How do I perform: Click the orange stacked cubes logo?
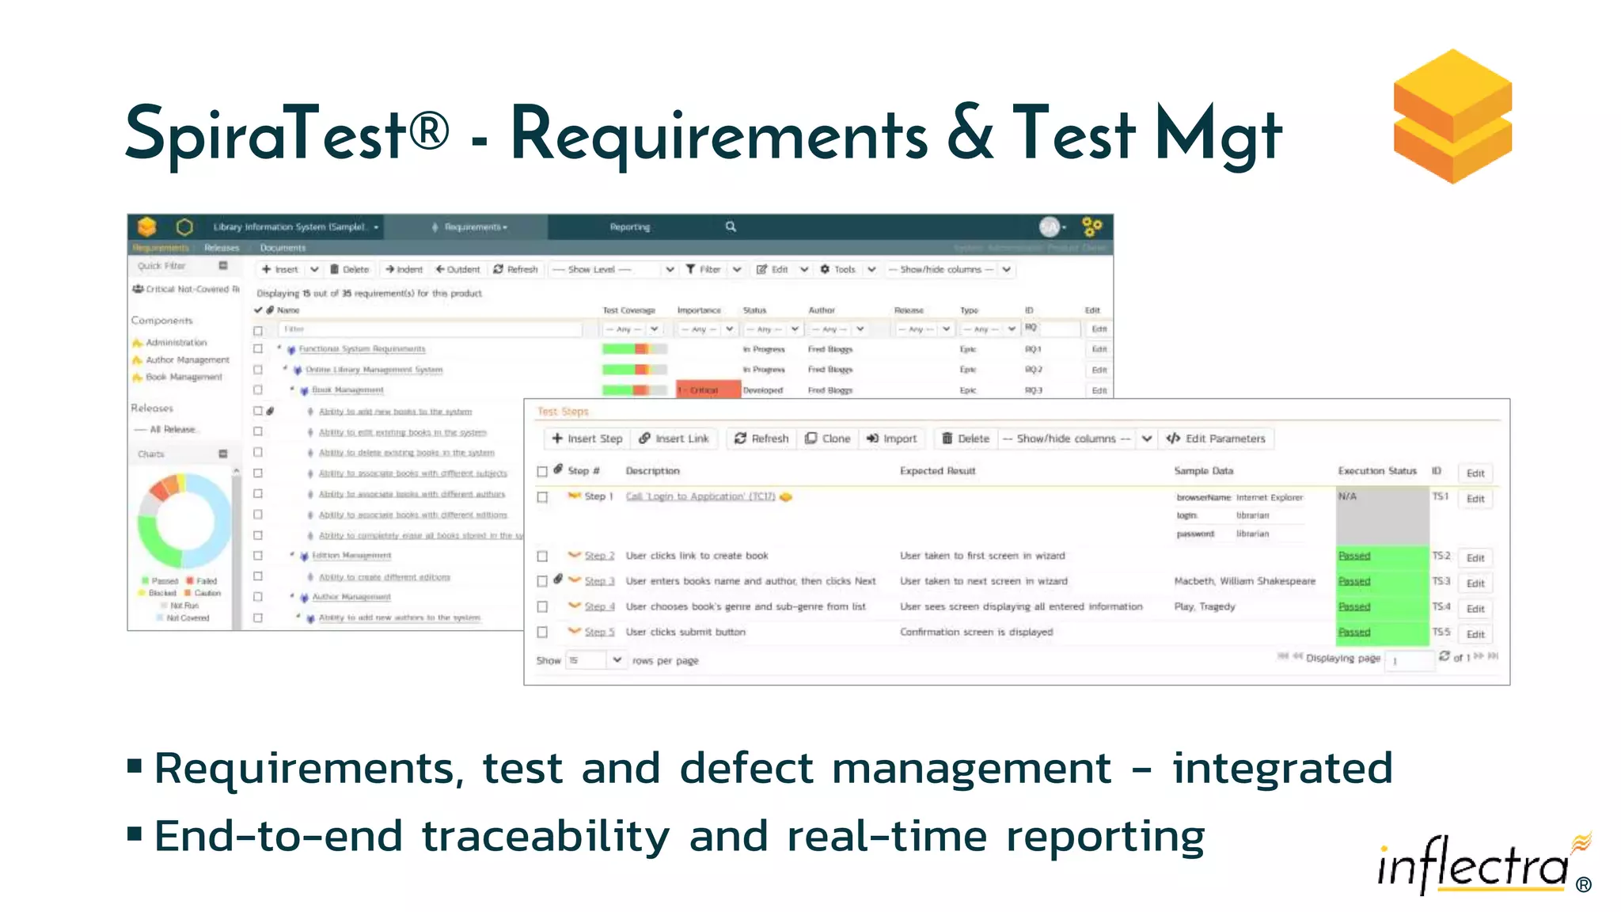click(x=1452, y=116)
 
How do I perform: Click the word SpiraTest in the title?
click(x=266, y=134)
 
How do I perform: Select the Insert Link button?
click(x=674, y=439)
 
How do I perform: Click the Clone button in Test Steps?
click(x=828, y=439)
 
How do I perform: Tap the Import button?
click(x=892, y=439)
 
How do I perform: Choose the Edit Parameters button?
click(x=1217, y=439)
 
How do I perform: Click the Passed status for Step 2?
click(x=1354, y=556)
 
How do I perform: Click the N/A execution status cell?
click(x=1381, y=515)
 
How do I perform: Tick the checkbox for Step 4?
click(x=542, y=607)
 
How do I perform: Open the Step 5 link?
click(x=599, y=633)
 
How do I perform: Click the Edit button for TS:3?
click(x=1475, y=583)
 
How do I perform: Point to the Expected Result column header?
click(x=937, y=471)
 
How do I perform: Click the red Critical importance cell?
click(x=708, y=390)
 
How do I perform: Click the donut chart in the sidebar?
click(x=184, y=520)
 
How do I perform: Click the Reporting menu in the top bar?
click(x=630, y=227)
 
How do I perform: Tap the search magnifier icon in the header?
click(x=731, y=227)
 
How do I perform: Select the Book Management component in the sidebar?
click(x=184, y=378)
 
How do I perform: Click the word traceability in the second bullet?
click(x=545, y=837)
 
